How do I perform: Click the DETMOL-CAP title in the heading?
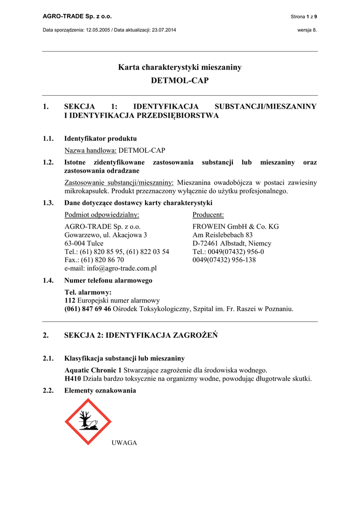point(180,80)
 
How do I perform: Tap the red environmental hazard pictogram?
point(88,421)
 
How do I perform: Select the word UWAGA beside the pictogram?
point(124,443)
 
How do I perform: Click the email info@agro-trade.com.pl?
point(111,268)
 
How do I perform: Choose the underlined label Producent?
point(208,214)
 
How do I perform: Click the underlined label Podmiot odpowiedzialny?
point(102,214)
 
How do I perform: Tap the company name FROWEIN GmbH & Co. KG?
point(235,226)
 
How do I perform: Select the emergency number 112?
point(71,300)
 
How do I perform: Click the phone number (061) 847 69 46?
point(88,309)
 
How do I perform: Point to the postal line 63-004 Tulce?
point(84,243)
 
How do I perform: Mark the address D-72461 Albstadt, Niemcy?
point(232,243)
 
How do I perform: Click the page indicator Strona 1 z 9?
point(304,17)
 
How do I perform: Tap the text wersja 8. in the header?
point(307,30)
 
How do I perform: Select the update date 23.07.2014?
point(160,30)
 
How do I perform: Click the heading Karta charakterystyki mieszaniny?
point(180,67)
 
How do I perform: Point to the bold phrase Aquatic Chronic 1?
point(93,370)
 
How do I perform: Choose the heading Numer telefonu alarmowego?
point(108,280)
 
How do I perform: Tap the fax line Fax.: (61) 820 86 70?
point(94,259)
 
